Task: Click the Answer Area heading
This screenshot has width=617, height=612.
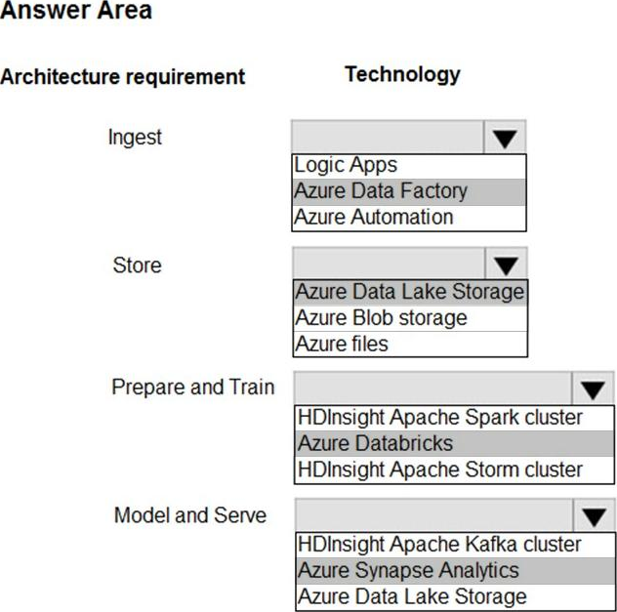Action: click(x=76, y=10)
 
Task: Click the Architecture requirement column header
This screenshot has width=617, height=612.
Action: click(x=122, y=76)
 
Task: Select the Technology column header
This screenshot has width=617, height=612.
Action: click(x=402, y=74)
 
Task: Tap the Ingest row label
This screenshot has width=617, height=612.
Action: click(x=135, y=138)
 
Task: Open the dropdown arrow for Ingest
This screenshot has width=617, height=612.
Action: click(x=505, y=138)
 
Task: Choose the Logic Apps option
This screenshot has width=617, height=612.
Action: click(x=346, y=165)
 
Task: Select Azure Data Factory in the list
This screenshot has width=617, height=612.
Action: click(x=381, y=191)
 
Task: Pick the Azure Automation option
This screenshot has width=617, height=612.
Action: click(x=374, y=217)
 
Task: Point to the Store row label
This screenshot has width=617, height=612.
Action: click(x=137, y=265)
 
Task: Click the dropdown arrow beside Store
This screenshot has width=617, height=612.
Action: click(x=506, y=264)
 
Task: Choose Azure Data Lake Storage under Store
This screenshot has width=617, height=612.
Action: click(x=410, y=292)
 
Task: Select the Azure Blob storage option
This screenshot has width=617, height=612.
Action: click(x=381, y=318)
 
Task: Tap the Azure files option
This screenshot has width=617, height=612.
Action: click(x=342, y=344)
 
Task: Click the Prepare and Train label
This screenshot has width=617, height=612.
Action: click(x=193, y=388)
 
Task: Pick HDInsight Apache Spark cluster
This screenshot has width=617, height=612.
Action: click(x=440, y=418)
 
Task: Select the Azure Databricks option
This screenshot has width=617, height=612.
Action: click(x=376, y=443)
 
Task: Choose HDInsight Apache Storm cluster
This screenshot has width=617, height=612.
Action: click(x=440, y=469)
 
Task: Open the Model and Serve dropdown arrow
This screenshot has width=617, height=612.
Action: click(x=594, y=515)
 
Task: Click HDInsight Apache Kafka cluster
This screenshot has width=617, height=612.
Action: click(x=439, y=545)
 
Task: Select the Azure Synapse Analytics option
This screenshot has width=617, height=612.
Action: click(x=408, y=571)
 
